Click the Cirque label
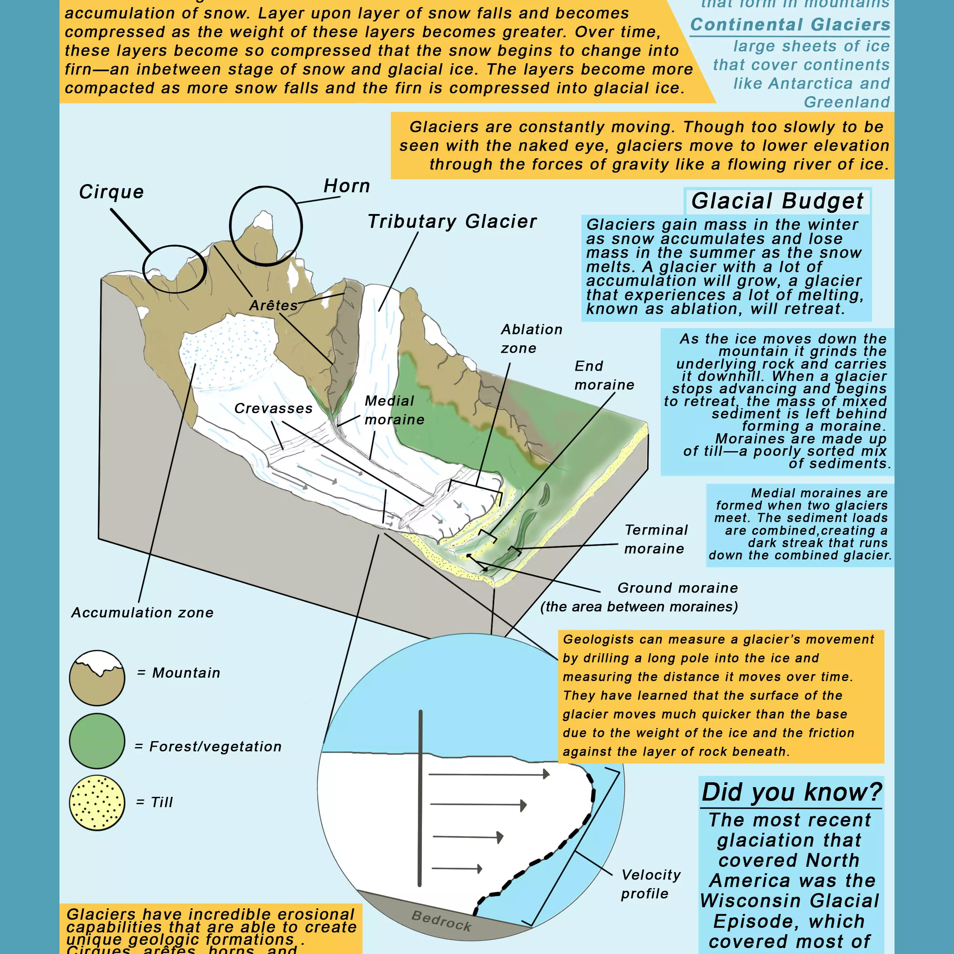tap(111, 192)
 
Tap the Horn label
tap(347, 186)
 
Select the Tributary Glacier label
tap(452, 222)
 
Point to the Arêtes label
tap(273, 306)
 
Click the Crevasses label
tap(273, 409)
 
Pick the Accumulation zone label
tap(142, 613)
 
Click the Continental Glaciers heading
tap(790, 25)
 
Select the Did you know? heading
tap(792, 792)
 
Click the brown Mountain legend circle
tap(97, 678)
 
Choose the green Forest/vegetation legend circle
tap(97, 741)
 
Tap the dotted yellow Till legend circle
tap(97, 803)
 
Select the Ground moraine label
tap(678, 588)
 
